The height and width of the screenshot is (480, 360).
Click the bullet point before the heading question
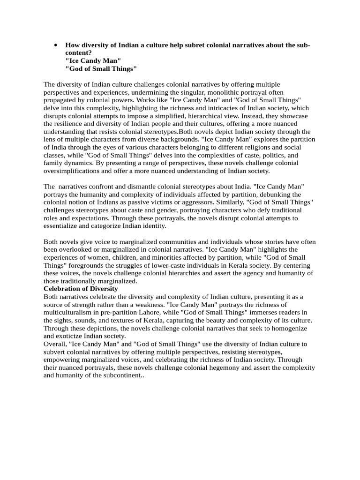[56, 45]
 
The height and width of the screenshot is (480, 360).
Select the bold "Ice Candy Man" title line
[93, 61]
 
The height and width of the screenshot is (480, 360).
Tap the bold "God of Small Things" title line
[101, 69]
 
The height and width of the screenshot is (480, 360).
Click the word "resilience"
[70, 124]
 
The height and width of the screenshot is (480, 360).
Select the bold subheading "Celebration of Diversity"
[80, 289]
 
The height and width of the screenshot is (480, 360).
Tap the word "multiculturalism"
[70, 312]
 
